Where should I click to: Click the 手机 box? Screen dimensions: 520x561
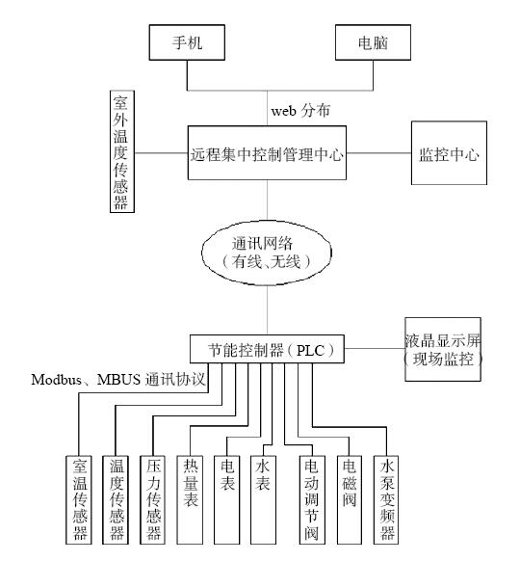[187, 42]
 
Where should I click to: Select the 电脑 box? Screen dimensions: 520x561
[373, 42]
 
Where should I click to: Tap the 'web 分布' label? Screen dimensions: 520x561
[300, 111]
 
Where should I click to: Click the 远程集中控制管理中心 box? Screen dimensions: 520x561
[267, 152]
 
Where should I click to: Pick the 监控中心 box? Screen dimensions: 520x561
[449, 152]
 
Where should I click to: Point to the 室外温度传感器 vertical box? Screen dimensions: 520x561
[122, 151]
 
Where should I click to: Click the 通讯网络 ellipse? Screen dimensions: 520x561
[267, 253]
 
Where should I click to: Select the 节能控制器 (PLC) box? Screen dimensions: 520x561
[267, 349]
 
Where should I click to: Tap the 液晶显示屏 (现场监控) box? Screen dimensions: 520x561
[443, 349]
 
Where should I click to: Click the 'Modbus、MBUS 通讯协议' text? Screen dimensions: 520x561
[118, 380]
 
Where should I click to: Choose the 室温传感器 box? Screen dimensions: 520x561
[79, 500]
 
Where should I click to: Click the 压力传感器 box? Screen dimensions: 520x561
[152, 500]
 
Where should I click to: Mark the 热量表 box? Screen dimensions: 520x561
[190, 500]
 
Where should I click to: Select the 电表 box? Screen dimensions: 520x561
[226, 500]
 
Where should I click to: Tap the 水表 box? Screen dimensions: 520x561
[263, 500]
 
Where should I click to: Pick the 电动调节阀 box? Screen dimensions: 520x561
[312, 500]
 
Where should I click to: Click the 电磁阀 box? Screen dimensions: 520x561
[350, 500]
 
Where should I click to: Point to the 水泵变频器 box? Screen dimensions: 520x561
[386, 500]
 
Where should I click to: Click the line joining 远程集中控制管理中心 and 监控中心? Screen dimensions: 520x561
[378, 152]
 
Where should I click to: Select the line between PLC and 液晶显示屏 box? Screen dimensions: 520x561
[375, 348]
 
